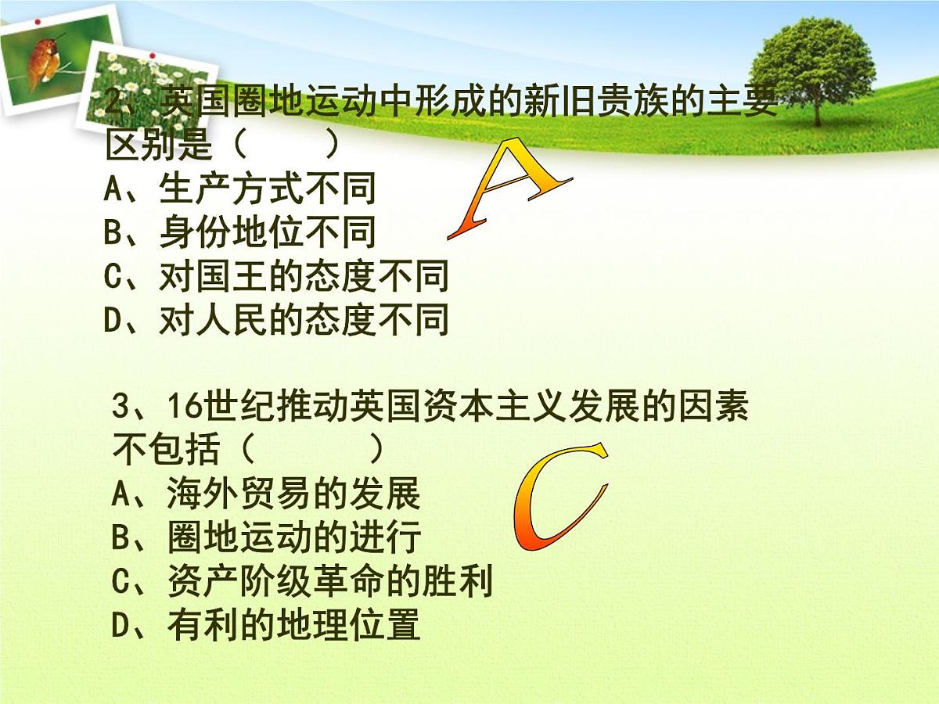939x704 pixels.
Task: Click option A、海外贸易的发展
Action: (x=267, y=494)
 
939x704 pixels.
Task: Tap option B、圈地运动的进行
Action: (x=267, y=537)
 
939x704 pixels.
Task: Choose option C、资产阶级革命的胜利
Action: (x=302, y=581)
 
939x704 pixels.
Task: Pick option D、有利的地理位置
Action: (x=267, y=625)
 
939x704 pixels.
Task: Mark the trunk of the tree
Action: (x=817, y=110)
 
